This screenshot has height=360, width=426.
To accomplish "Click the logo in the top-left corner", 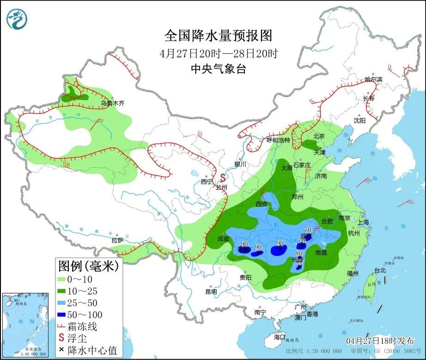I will click(x=17, y=18).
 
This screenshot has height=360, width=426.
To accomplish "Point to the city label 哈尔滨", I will click(x=374, y=79).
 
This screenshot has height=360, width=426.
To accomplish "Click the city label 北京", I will click(x=319, y=136).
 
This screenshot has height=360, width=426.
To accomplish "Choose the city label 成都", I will click(x=223, y=238).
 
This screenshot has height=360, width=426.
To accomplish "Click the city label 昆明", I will click(x=211, y=292).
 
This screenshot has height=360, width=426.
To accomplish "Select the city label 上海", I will click(x=363, y=222).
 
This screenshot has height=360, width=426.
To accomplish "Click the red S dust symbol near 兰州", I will click(x=222, y=177).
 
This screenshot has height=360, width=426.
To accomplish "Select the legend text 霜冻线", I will click(x=83, y=327).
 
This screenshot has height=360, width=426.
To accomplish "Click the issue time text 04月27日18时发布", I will click(x=380, y=341).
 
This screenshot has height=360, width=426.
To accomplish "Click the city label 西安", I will click(x=262, y=204).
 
